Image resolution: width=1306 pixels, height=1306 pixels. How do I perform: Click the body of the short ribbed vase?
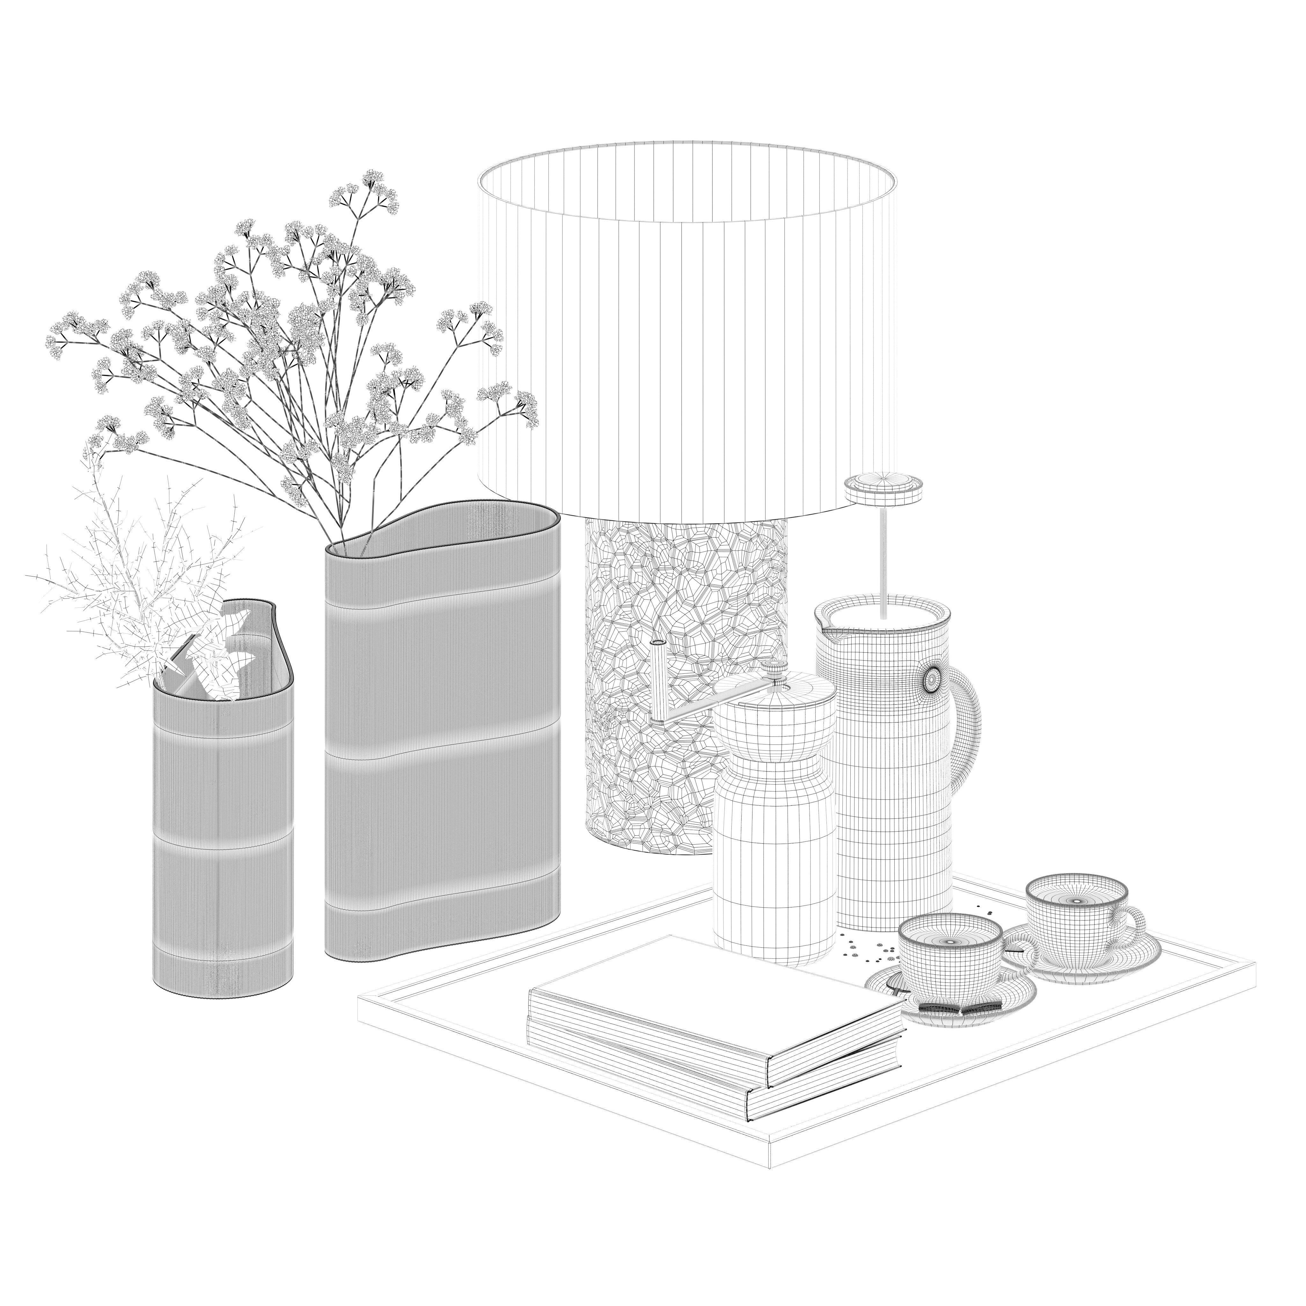pyautogui.click(x=223, y=838)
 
